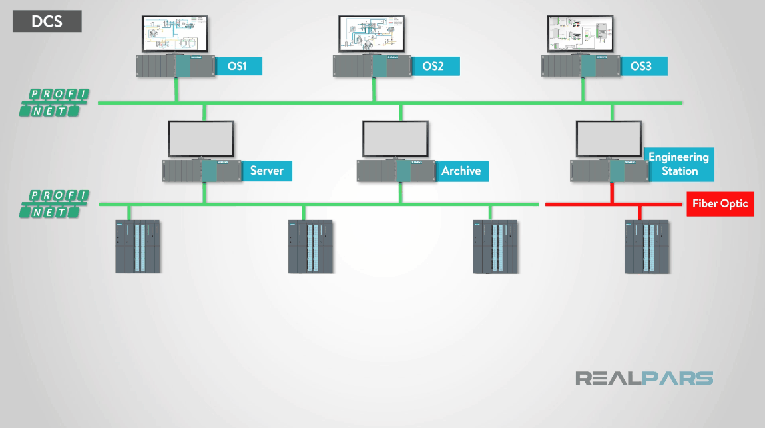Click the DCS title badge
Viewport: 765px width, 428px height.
coord(47,21)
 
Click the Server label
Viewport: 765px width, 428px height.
coord(266,171)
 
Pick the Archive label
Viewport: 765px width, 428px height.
coord(461,171)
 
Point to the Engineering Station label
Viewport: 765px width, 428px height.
coord(678,164)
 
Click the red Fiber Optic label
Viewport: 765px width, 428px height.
coord(720,204)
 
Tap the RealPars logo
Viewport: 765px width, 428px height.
coord(644,379)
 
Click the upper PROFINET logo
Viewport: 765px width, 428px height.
coord(54,103)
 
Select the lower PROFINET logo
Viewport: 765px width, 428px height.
coord(54,204)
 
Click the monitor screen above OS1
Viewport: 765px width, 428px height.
coord(175,33)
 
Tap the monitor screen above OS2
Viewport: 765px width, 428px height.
coord(372,33)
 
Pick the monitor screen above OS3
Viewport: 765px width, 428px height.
coord(580,33)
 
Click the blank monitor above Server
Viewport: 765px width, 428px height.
coord(201,138)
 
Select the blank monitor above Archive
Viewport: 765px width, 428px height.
coord(395,138)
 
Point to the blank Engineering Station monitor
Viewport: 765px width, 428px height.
coord(609,138)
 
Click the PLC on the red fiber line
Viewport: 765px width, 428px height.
coord(646,247)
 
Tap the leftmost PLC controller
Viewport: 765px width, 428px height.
coord(138,247)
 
